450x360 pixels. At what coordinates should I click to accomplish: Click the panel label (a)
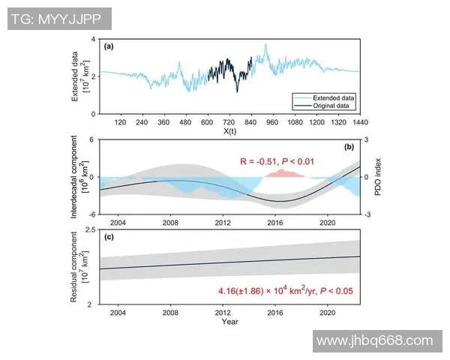click(x=109, y=46)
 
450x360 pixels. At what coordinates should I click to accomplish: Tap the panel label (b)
click(x=349, y=147)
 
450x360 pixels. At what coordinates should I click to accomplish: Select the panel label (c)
click(x=109, y=238)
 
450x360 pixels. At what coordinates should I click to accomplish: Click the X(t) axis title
click(x=230, y=131)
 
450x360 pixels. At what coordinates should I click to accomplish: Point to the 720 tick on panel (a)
click(x=229, y=121)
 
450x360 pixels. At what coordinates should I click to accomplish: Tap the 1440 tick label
click(x=359, y=121)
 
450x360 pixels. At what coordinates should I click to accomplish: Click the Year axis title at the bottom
click(x=230, y=322)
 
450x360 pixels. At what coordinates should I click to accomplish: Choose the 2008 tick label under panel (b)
click(x=170, y=222)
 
